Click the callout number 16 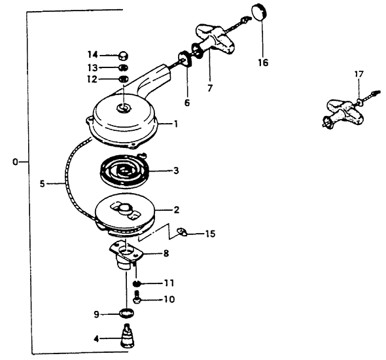click(x=263, y=63)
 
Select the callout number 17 click(x=359, y=74)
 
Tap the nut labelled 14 click(x=123, y=56)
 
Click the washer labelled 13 click(x=123, y=67)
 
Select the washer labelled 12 click(x=124, y=79)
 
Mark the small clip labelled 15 click(x=183, y=232)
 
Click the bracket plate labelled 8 click(x=126, y=255)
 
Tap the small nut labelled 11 click(x=137, y=283)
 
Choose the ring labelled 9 click(x=126, y=313)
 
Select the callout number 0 click(x=15, y=162)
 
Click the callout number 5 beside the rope click(x=43, y=183)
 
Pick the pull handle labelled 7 click(x=214, y=41)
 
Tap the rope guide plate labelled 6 click(x=184, y=59)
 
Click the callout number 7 click(x=210, y=88)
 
